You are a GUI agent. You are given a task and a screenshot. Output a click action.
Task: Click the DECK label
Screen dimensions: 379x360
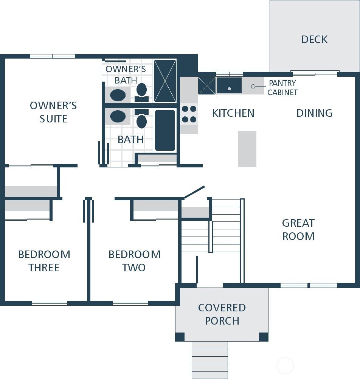point(314,39)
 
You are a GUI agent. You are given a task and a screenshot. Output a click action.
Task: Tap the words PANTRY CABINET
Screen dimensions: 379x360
point(282,88)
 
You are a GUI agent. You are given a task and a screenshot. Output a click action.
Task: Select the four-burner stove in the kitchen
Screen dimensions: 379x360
point(189,114)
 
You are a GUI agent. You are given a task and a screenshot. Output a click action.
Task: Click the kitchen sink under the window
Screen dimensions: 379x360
point(229,86)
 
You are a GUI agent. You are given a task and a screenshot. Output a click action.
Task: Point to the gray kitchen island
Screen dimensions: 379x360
point(247,149)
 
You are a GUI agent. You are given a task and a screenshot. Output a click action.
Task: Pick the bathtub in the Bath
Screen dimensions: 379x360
point(165,130)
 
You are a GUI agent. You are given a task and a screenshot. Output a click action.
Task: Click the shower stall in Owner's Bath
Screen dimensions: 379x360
point(165,81)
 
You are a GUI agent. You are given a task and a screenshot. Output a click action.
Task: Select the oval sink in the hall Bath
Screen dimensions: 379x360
point(118,117)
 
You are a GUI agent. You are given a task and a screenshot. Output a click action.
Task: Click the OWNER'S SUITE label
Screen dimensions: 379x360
point(53,112)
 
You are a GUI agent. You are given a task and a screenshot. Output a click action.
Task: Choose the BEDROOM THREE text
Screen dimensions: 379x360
point(44,261)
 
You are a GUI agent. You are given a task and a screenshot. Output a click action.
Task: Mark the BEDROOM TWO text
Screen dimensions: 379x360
point(134,261)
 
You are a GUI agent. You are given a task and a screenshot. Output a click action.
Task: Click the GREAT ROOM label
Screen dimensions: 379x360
point(298,230)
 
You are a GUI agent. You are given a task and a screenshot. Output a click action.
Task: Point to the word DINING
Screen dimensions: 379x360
point(314,113)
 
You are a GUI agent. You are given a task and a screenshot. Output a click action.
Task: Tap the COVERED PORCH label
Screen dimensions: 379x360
point(222,314)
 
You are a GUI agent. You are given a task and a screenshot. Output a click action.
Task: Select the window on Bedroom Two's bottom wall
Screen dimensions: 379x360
point(130,303)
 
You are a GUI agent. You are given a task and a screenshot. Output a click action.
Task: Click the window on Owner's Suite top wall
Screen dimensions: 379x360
point(53,56)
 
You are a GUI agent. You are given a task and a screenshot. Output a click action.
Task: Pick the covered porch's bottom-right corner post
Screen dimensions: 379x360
point(263,337)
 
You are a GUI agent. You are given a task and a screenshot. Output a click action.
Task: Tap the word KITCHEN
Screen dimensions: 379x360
point(233,113)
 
